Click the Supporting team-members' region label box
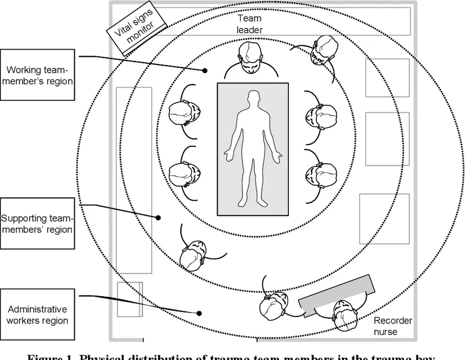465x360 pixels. click(x=38, y=224)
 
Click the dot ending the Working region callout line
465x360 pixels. click(x=205, y=71)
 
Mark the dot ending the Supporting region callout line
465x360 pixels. click(x=158, y=218)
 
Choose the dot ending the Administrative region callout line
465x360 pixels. click(x=199, y=313)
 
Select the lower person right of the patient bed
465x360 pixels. click(x=320, y=174)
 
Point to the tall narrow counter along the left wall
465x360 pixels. click(x=134, y=180)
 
